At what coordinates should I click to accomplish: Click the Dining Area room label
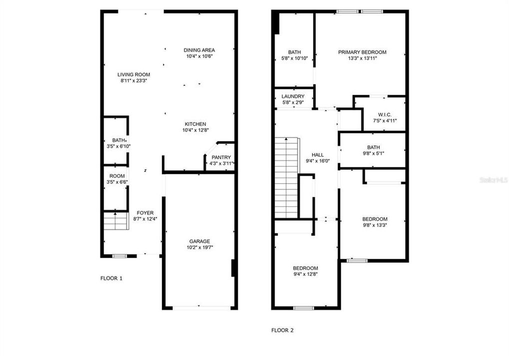(x=199, y=50)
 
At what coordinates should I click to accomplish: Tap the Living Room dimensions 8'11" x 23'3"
(x=133, y=80)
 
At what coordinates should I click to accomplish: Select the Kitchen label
(x=195, y=124)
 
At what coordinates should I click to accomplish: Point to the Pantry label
(x=221, y=157)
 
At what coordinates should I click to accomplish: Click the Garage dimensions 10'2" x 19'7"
(x=199, y=247)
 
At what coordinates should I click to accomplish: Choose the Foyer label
(x=145, y=213)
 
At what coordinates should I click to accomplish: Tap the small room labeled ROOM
(x=117, y=176)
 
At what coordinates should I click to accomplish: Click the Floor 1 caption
(x=111, y=278)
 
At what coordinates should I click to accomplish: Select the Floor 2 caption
(x=282, y=330)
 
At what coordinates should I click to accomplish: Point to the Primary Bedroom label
(x=362, y=52)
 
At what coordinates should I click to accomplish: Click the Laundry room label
(x=293, y=96)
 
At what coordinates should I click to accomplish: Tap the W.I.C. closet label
(x=384, y=114)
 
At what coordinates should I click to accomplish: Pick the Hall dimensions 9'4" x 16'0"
(x=318, y=160)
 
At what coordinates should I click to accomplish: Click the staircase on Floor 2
(x=286, y=178)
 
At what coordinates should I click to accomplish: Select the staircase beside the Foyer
(x=116, y=220)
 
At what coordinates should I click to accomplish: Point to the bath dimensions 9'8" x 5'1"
(x=373, y=153)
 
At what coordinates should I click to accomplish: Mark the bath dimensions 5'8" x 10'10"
(x=294, y=58)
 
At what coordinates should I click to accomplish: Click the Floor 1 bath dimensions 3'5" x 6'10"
(x=118, y=146)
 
